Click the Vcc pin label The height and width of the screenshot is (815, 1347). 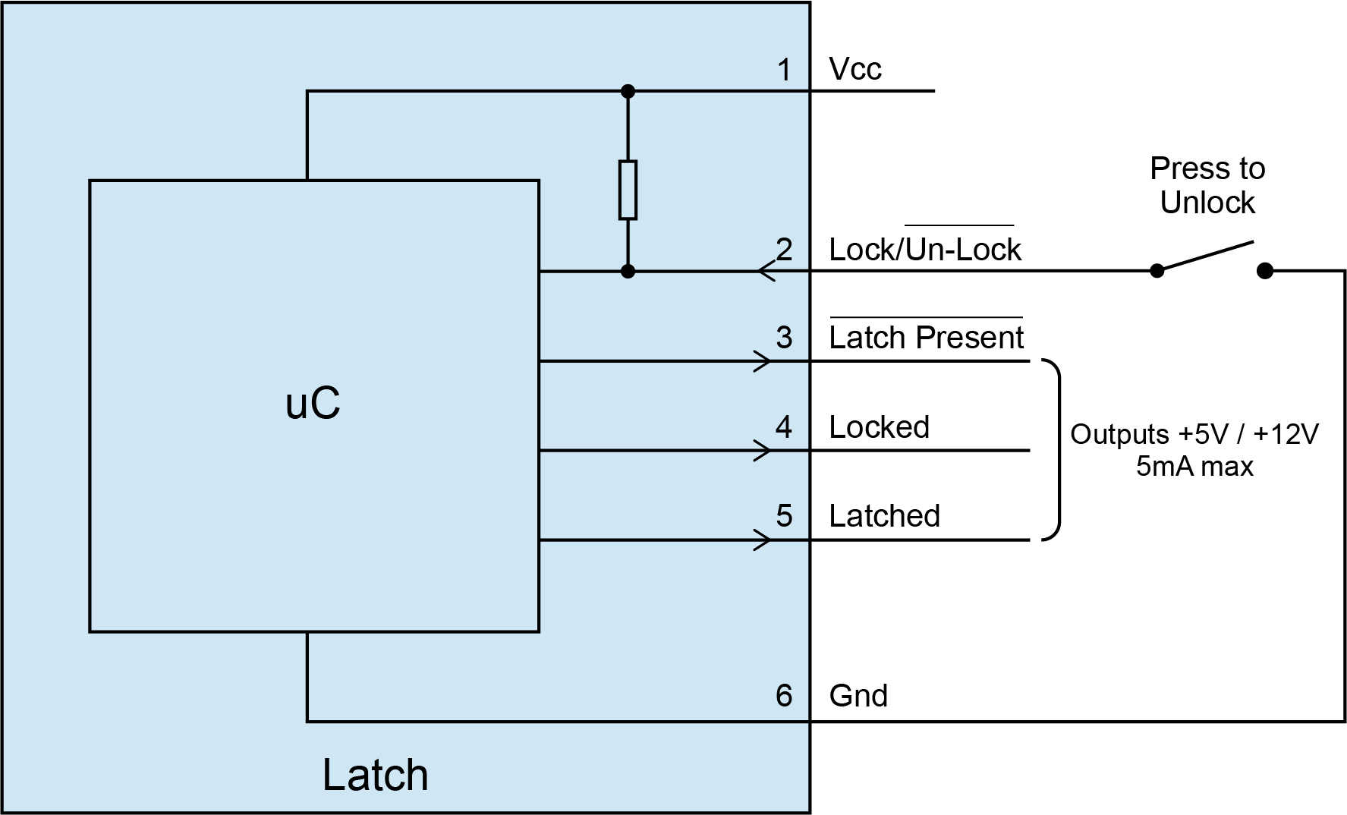pyautogui.click(x=855, y=70)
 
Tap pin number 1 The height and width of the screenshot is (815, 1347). pyautogui.click(x=784, y=71)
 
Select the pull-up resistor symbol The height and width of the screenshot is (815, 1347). pyautogui.click(x=628, y=190)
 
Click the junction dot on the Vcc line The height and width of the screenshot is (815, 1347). pyautogui.click(x=628, y=91)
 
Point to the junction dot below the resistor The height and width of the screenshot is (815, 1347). pyautogui.click(x=628, y=271)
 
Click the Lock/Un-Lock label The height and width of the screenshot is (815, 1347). pyautogui.click(x=925, y=250)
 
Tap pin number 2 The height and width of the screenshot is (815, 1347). pyautogui.click(x=784, y=249)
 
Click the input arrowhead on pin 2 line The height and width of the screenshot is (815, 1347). pyautogui.click(x=765, y=271)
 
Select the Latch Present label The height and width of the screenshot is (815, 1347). pyautogui.click(x=927, y=338)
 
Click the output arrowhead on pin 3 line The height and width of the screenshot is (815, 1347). pyautogui.click(x=763, y=361)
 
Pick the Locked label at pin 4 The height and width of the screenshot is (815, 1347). pyautogui.click(x=879, y=427)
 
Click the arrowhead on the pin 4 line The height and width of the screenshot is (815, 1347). pyautogui.click(x=763, y=451)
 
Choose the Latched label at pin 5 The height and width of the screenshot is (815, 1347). pyautogui.click(x=884, y=516)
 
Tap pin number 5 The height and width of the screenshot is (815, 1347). pyautogui.click(x=784, y=516)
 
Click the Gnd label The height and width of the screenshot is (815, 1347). pyautogui.click(x=858, y=696)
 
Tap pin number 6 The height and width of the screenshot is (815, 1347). pyautogui.click(x=784, y=695)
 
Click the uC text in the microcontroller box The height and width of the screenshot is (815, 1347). pyautogui.click(x=313, y=404)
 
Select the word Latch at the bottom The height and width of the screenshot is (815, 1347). pyautogui.click(x=375, y=775)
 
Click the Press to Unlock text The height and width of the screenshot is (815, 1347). pyautogui.click(x=1207, y=185)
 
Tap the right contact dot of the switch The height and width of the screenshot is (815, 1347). pyautogui.click(x=1265, y=271)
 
